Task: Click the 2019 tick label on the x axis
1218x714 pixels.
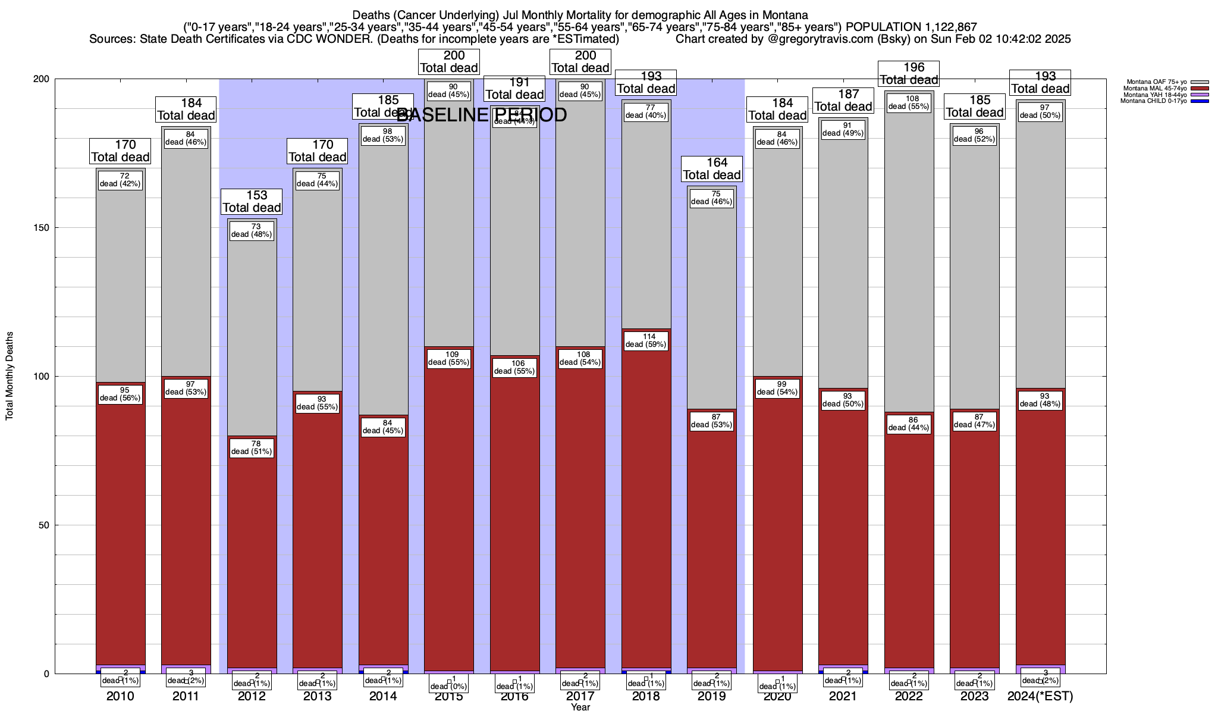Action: click(x=711, y=696)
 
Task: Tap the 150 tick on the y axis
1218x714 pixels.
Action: click(x=45, y=228)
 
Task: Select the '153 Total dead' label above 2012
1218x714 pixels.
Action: click(x=252, y=202)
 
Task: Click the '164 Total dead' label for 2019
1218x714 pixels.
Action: click(x=712, y=169)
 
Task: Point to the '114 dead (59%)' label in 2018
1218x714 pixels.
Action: click(x=646, y=340)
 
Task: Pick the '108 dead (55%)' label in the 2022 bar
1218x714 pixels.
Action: click(x=909, y=102)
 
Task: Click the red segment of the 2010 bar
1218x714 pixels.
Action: click(x=121, y=524)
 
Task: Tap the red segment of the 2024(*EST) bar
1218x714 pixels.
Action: click(x=1040, y=535)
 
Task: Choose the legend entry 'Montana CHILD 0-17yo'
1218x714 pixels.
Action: click(x=1153, y=101)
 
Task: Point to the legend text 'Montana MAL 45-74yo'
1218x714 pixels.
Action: click(x=1153, y=89)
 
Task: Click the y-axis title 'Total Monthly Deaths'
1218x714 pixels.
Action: click(x=10, y=376)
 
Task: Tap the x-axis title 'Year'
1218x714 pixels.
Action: click(x=580, y=707)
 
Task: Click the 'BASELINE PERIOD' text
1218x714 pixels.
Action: click(x=482, y=115)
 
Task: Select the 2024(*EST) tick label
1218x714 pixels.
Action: click(x=1040, y=696)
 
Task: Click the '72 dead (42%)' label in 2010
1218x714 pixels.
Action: click(x=121, y=180)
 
